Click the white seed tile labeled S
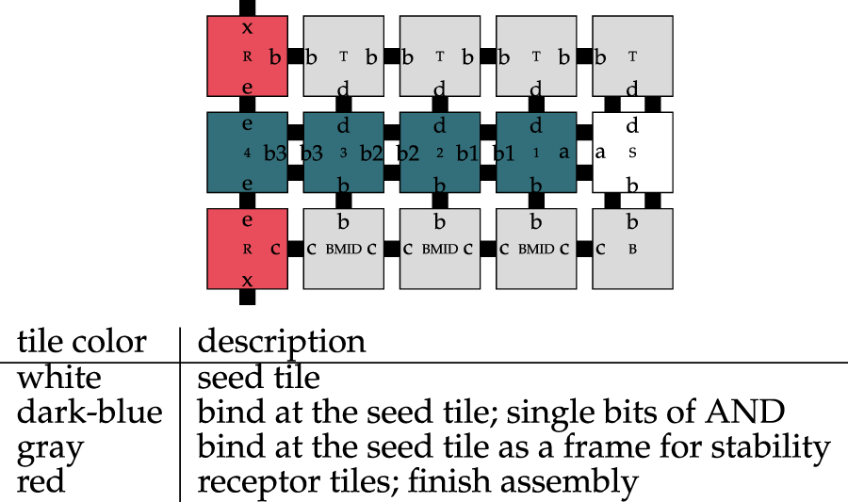pyautogui.click(x=632, y=153)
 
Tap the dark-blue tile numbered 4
pyautogui.click(x=247, y=153)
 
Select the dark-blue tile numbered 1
pyautogui.click(x=535, y=153)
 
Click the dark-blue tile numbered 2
pyautogui.click(x=439, y=153)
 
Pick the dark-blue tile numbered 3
pyautogui.click(x=343, y=153)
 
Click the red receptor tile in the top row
pyautogui.click(x=247, y=56)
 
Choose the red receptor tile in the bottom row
pyautogui.click(x=247, y=249)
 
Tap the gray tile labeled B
pyautogui.click(x=632, y=249)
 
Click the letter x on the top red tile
pyautogui.click(x=247, y=26)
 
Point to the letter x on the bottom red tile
pyautogui.click(x=247, y=280)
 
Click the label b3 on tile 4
pyautogui.click(x=274, y=154)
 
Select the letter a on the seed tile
pyautogui.click(x=599, y=153)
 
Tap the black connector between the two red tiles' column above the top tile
pyautogui.click(x=247, y=7)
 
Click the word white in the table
pyautogui.click(x=58, y=378)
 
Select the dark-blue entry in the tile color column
pyautogui.click(x=90, y=412)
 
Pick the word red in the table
pyautogui.click(x=40, y=481)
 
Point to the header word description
pyautogui.click(x=281, y=341)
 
